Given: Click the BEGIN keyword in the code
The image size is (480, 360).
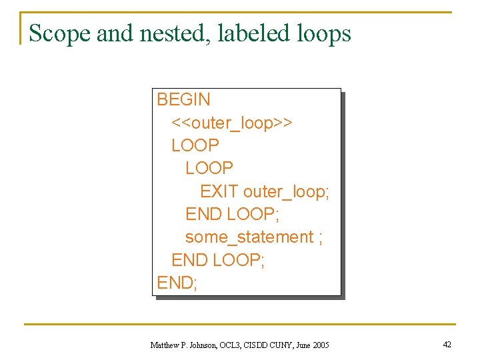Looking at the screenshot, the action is tap(183, 100).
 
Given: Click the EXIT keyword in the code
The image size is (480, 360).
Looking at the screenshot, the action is tap(219, 192).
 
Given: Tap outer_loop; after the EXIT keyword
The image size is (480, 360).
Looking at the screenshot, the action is tap(286, 192).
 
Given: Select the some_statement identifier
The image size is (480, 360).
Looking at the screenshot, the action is tap(249, 237).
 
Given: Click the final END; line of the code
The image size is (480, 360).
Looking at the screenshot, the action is tap(177, 283).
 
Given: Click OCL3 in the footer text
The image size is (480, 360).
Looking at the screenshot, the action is tap(231, 345).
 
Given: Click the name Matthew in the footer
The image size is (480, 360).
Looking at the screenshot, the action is tap(164, 345).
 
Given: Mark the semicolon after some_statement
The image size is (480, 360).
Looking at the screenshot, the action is tap(321, 238).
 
